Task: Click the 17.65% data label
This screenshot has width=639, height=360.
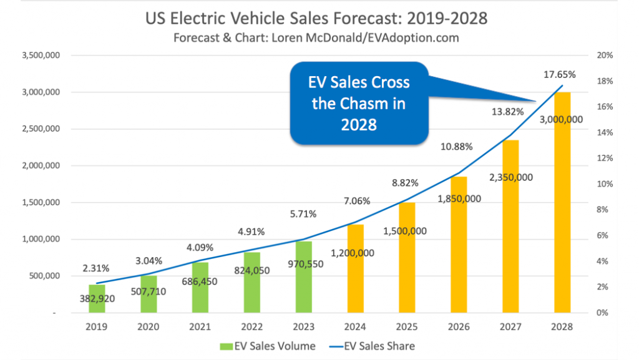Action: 559,74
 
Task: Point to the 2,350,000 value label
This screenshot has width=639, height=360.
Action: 510,177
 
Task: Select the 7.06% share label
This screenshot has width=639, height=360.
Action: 356,201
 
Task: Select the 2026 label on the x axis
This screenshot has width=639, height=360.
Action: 459,327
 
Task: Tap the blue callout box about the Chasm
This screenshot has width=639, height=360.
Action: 360,104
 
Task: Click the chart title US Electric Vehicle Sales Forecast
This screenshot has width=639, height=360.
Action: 316,19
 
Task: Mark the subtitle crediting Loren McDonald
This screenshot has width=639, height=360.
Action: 316,37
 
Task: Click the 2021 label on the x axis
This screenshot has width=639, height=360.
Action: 200,327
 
